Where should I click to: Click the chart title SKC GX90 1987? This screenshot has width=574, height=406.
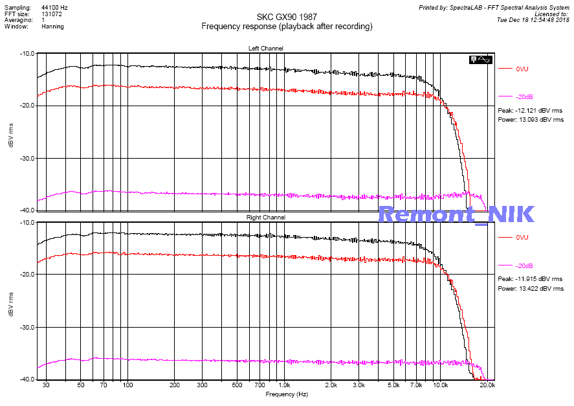click(x=287, y=17)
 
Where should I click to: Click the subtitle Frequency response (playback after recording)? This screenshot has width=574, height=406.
click(x=287, y=27)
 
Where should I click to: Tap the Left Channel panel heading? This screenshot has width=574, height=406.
click(x=265, y=49)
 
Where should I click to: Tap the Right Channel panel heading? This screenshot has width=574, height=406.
click(x=265, y=218)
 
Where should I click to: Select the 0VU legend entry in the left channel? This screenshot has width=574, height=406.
click(x=523, y=68)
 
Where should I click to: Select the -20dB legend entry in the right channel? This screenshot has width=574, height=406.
click(x=524, y=266)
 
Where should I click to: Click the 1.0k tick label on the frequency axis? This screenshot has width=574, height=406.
click(x=283, y=385)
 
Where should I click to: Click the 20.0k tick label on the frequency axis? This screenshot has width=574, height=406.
click(x=487, y=385)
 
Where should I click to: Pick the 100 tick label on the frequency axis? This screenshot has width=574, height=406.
click(x=127, y=385)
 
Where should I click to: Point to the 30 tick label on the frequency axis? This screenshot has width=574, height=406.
click(x=46, y=385)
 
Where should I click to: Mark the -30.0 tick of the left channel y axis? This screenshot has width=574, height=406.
click(x=27, y=158)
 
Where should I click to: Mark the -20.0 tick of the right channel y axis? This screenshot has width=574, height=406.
click(x=27, y=275)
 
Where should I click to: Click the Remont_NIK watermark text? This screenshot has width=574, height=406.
click(x=456, y=214)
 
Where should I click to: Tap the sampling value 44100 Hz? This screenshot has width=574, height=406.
click(x=54, y=7)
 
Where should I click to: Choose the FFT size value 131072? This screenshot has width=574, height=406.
click(x=52, y=14)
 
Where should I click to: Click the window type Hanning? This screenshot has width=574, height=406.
click(x=52, y=27)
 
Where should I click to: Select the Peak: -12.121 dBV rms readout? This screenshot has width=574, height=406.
click(x=530, y=111)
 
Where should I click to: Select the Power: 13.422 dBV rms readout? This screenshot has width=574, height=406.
click(x=531, y=289)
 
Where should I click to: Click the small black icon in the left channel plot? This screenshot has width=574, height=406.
click(x=481, y=60)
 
